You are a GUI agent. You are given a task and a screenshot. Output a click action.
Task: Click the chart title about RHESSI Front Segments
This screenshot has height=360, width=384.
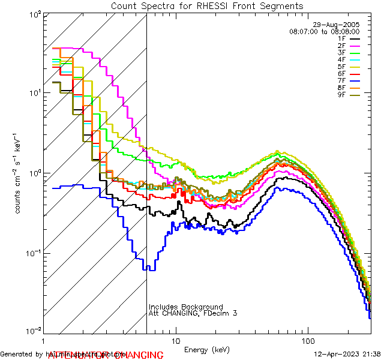207,6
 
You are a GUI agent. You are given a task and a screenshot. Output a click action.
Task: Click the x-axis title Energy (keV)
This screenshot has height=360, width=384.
207,349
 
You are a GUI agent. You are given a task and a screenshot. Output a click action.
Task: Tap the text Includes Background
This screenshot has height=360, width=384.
186,307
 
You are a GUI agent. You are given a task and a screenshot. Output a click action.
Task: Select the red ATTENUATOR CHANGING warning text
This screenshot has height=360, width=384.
105,355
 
